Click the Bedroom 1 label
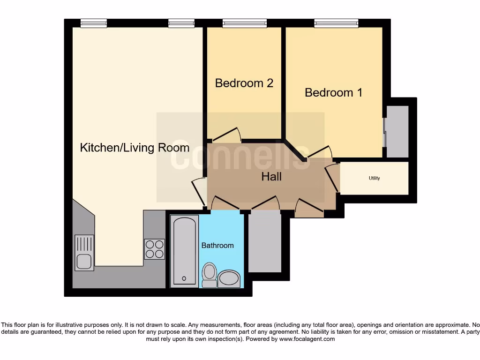pos(333,92)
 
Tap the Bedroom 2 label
pos(244,83)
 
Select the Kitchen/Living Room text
pos(135,148)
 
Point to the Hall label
pos(271,176)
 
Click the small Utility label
pos(374,178)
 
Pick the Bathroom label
pos(217,245)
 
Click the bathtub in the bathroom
pos(184,251)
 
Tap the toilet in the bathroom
pos(209,275)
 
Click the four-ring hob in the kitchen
pos(155,249)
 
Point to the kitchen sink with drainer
pos(84,253)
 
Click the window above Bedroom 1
pos(336,23)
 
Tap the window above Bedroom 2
pos(244,23)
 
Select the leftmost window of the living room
pos(93,23)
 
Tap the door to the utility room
pos(333,176)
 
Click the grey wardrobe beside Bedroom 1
pos(397,131)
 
